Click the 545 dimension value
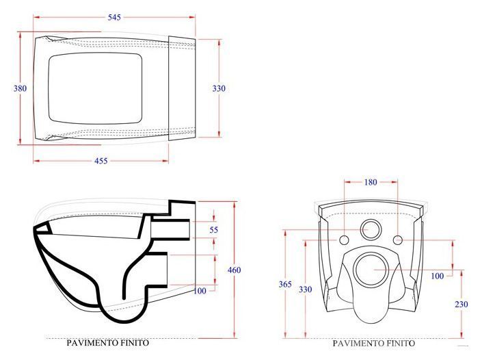(114, 17)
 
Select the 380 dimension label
(20, 88)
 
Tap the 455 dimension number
(101, 161)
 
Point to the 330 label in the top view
(219, 88)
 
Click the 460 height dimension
(235, 270)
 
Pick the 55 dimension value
(213, 229)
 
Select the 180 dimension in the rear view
(371, 182)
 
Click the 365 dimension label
(285, 284)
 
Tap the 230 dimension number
(461, 304)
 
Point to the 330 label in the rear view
(305, 290)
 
